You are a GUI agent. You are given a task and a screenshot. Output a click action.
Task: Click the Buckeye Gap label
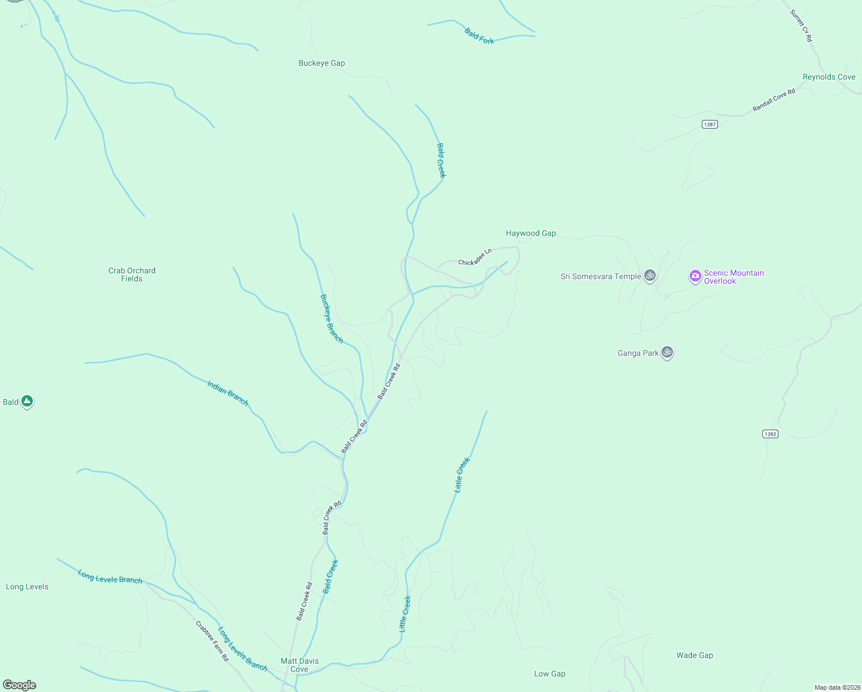[x=322, y=63]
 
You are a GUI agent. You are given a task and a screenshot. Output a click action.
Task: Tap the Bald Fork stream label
[x=479, y=36]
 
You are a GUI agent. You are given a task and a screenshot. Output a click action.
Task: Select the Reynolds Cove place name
[x=829, y=77]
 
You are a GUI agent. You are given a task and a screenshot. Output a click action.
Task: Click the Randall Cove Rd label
[x=774, y=100]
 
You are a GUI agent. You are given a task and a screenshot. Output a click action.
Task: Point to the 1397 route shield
[x=710, y=125]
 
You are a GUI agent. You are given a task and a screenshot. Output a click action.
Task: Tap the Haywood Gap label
[x=531, y=234]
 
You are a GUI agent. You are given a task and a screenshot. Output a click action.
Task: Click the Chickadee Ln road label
[x=475, y=258]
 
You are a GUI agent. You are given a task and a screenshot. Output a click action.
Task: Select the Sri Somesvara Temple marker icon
[x=650, y=276]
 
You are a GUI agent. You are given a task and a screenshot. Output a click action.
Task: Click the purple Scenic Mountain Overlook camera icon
[x=695, y=276]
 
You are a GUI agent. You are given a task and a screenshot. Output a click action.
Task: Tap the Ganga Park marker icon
[x=667, y=352]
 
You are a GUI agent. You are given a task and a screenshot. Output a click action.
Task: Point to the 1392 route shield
[x=770, y=434]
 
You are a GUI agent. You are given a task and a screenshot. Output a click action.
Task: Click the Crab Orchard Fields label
[x=132, y=274]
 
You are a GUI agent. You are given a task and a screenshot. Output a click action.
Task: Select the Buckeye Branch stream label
[x=331, y=319]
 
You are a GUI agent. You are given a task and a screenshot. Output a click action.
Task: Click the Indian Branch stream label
[x=228, y=393]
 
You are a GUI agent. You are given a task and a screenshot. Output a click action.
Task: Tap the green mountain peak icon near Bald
[x=27, y=401]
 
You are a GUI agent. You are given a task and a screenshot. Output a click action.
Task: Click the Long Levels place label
[x=27, y=587]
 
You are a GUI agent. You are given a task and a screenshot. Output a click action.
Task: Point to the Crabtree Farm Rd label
[x=212, y=641]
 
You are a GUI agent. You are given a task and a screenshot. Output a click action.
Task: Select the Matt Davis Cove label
[x=300, y=665]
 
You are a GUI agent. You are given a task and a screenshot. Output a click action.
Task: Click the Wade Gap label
[x=694, y=656]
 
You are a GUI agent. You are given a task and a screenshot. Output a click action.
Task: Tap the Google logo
[x=20, y=685]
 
